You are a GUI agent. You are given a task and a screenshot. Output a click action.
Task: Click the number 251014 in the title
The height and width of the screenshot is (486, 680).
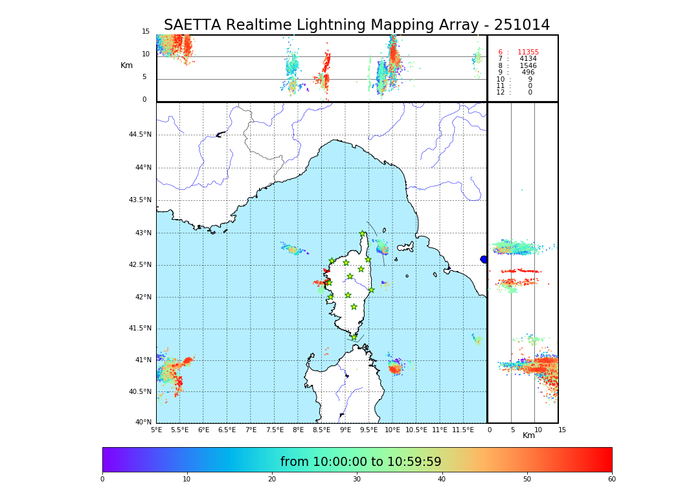point(521,25)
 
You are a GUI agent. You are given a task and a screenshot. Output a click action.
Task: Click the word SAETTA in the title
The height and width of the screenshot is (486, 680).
point(192,25)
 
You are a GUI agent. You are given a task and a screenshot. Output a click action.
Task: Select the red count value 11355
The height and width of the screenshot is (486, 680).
point(528,52)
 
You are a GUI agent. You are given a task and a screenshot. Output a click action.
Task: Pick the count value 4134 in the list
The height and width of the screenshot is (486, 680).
point(528,59)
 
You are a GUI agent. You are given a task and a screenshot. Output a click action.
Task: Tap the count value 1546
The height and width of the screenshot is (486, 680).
point(528,66)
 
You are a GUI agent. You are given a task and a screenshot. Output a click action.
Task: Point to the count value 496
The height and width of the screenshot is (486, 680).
point(528,73)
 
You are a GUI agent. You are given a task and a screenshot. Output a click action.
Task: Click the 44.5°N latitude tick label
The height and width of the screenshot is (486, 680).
point(140,135)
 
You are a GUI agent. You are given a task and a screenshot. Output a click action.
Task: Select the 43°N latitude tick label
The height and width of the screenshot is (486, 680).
point(142,233)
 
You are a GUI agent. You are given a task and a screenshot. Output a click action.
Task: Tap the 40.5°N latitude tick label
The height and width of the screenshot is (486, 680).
point(140,391)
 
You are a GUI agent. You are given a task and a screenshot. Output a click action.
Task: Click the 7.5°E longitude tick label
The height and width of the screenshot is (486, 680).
point(275,430)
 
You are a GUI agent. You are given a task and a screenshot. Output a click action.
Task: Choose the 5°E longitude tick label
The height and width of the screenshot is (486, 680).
point(156,430)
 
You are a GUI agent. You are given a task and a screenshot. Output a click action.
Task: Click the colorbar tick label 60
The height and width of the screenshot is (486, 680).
point(611,480)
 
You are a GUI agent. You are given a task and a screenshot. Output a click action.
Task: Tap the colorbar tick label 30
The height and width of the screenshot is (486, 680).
point(357,480)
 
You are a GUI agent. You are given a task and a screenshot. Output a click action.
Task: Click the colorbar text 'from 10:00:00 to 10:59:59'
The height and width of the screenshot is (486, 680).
point(361,462)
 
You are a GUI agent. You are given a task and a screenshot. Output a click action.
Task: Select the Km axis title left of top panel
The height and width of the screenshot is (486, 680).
point(126,65)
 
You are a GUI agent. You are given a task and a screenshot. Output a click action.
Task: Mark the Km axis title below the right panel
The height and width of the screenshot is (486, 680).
point(528,435)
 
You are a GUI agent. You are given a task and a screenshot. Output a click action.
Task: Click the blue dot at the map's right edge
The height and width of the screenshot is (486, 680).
point(484,260)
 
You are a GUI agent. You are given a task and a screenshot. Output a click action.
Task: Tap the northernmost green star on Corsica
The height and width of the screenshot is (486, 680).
point(363,234)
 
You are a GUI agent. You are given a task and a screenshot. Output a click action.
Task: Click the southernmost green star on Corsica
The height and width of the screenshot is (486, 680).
point(354,337)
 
